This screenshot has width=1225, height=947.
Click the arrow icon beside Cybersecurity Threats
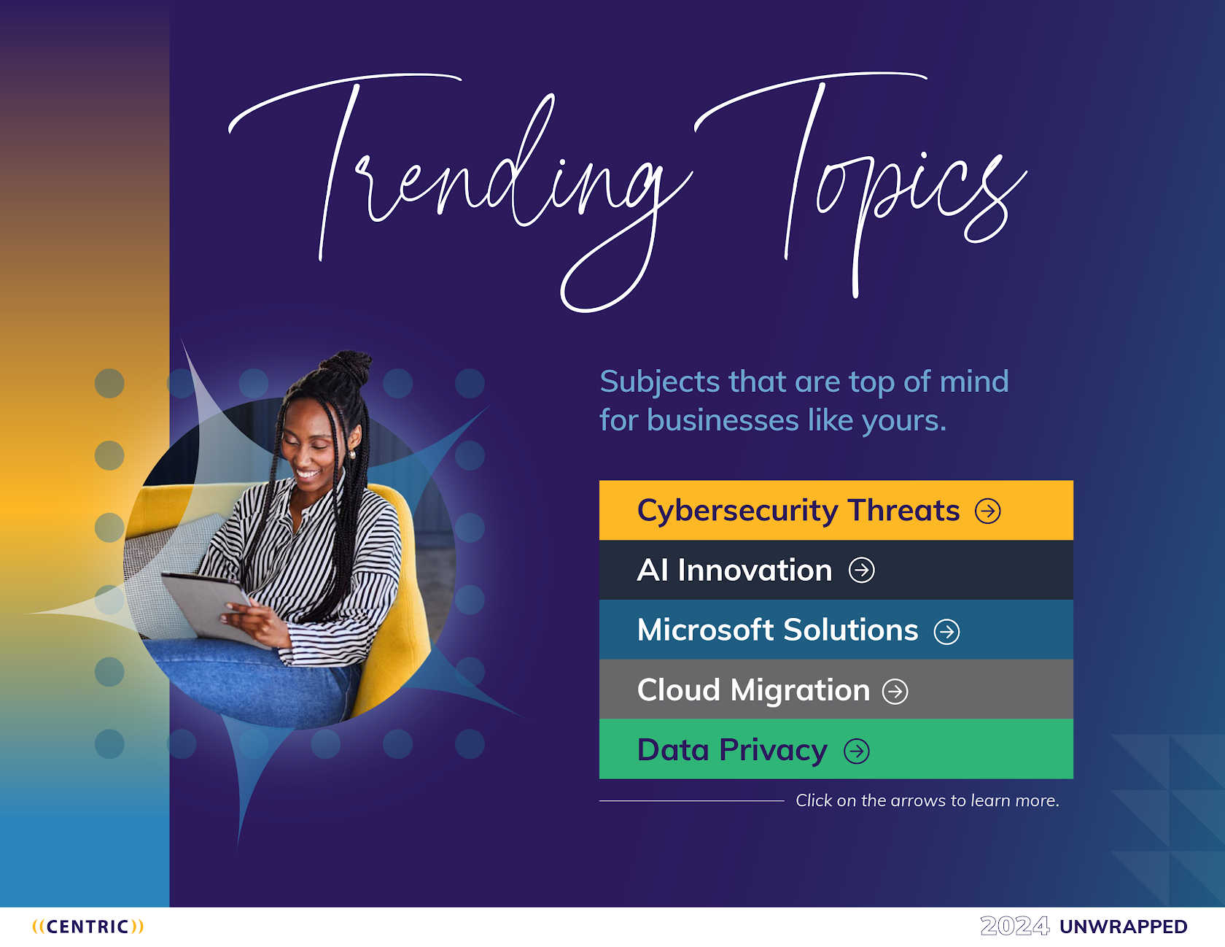(x=988, y=511)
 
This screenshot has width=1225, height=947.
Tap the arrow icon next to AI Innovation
(x=862, y=571)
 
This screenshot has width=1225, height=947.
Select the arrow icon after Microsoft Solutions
(x=947, y=631)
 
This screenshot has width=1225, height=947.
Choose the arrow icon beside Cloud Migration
(x=895, y=691)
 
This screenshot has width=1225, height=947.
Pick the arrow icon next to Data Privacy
(x=857, y=751)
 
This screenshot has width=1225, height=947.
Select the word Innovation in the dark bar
(x=755, y=571)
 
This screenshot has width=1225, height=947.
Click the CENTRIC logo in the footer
(x=88, y=927)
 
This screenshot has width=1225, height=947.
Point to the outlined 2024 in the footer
(x=1015, y=927)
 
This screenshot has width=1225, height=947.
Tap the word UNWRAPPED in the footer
(x=1124, y=927)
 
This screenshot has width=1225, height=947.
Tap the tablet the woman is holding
(x=209, y=606)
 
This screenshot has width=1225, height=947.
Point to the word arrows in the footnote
(x=918, y=801)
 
